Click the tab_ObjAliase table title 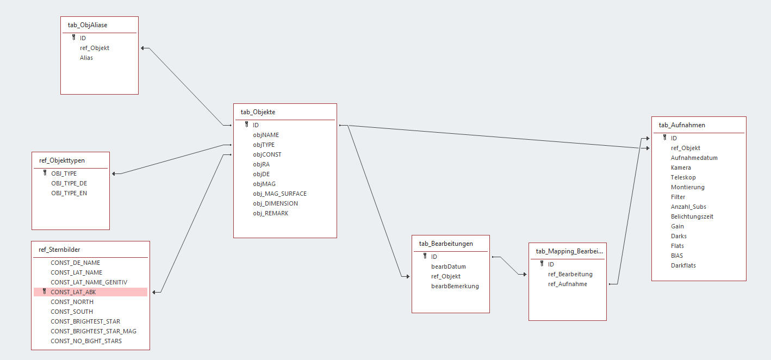[88, 25]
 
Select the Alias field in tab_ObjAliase [86, 58]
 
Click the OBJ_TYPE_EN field [69, 193]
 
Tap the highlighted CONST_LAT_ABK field [73, 292]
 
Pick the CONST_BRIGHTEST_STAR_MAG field [94, 331]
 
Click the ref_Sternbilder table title [59, 250]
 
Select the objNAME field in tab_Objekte [266, 135]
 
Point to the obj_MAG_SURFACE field [280, 194]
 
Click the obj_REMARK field [271, 213]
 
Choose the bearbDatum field [449, 266]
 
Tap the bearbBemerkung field [455, 287]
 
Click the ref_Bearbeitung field [570, 274]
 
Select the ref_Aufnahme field [568, 284]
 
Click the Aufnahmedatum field [694, 158]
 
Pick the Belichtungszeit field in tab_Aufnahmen [692, 217]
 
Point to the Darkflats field [683, 266]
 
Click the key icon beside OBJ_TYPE [45, 173]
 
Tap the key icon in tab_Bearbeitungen [425, 257]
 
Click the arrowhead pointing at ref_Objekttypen [114, 174]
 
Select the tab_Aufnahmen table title [682, 125]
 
